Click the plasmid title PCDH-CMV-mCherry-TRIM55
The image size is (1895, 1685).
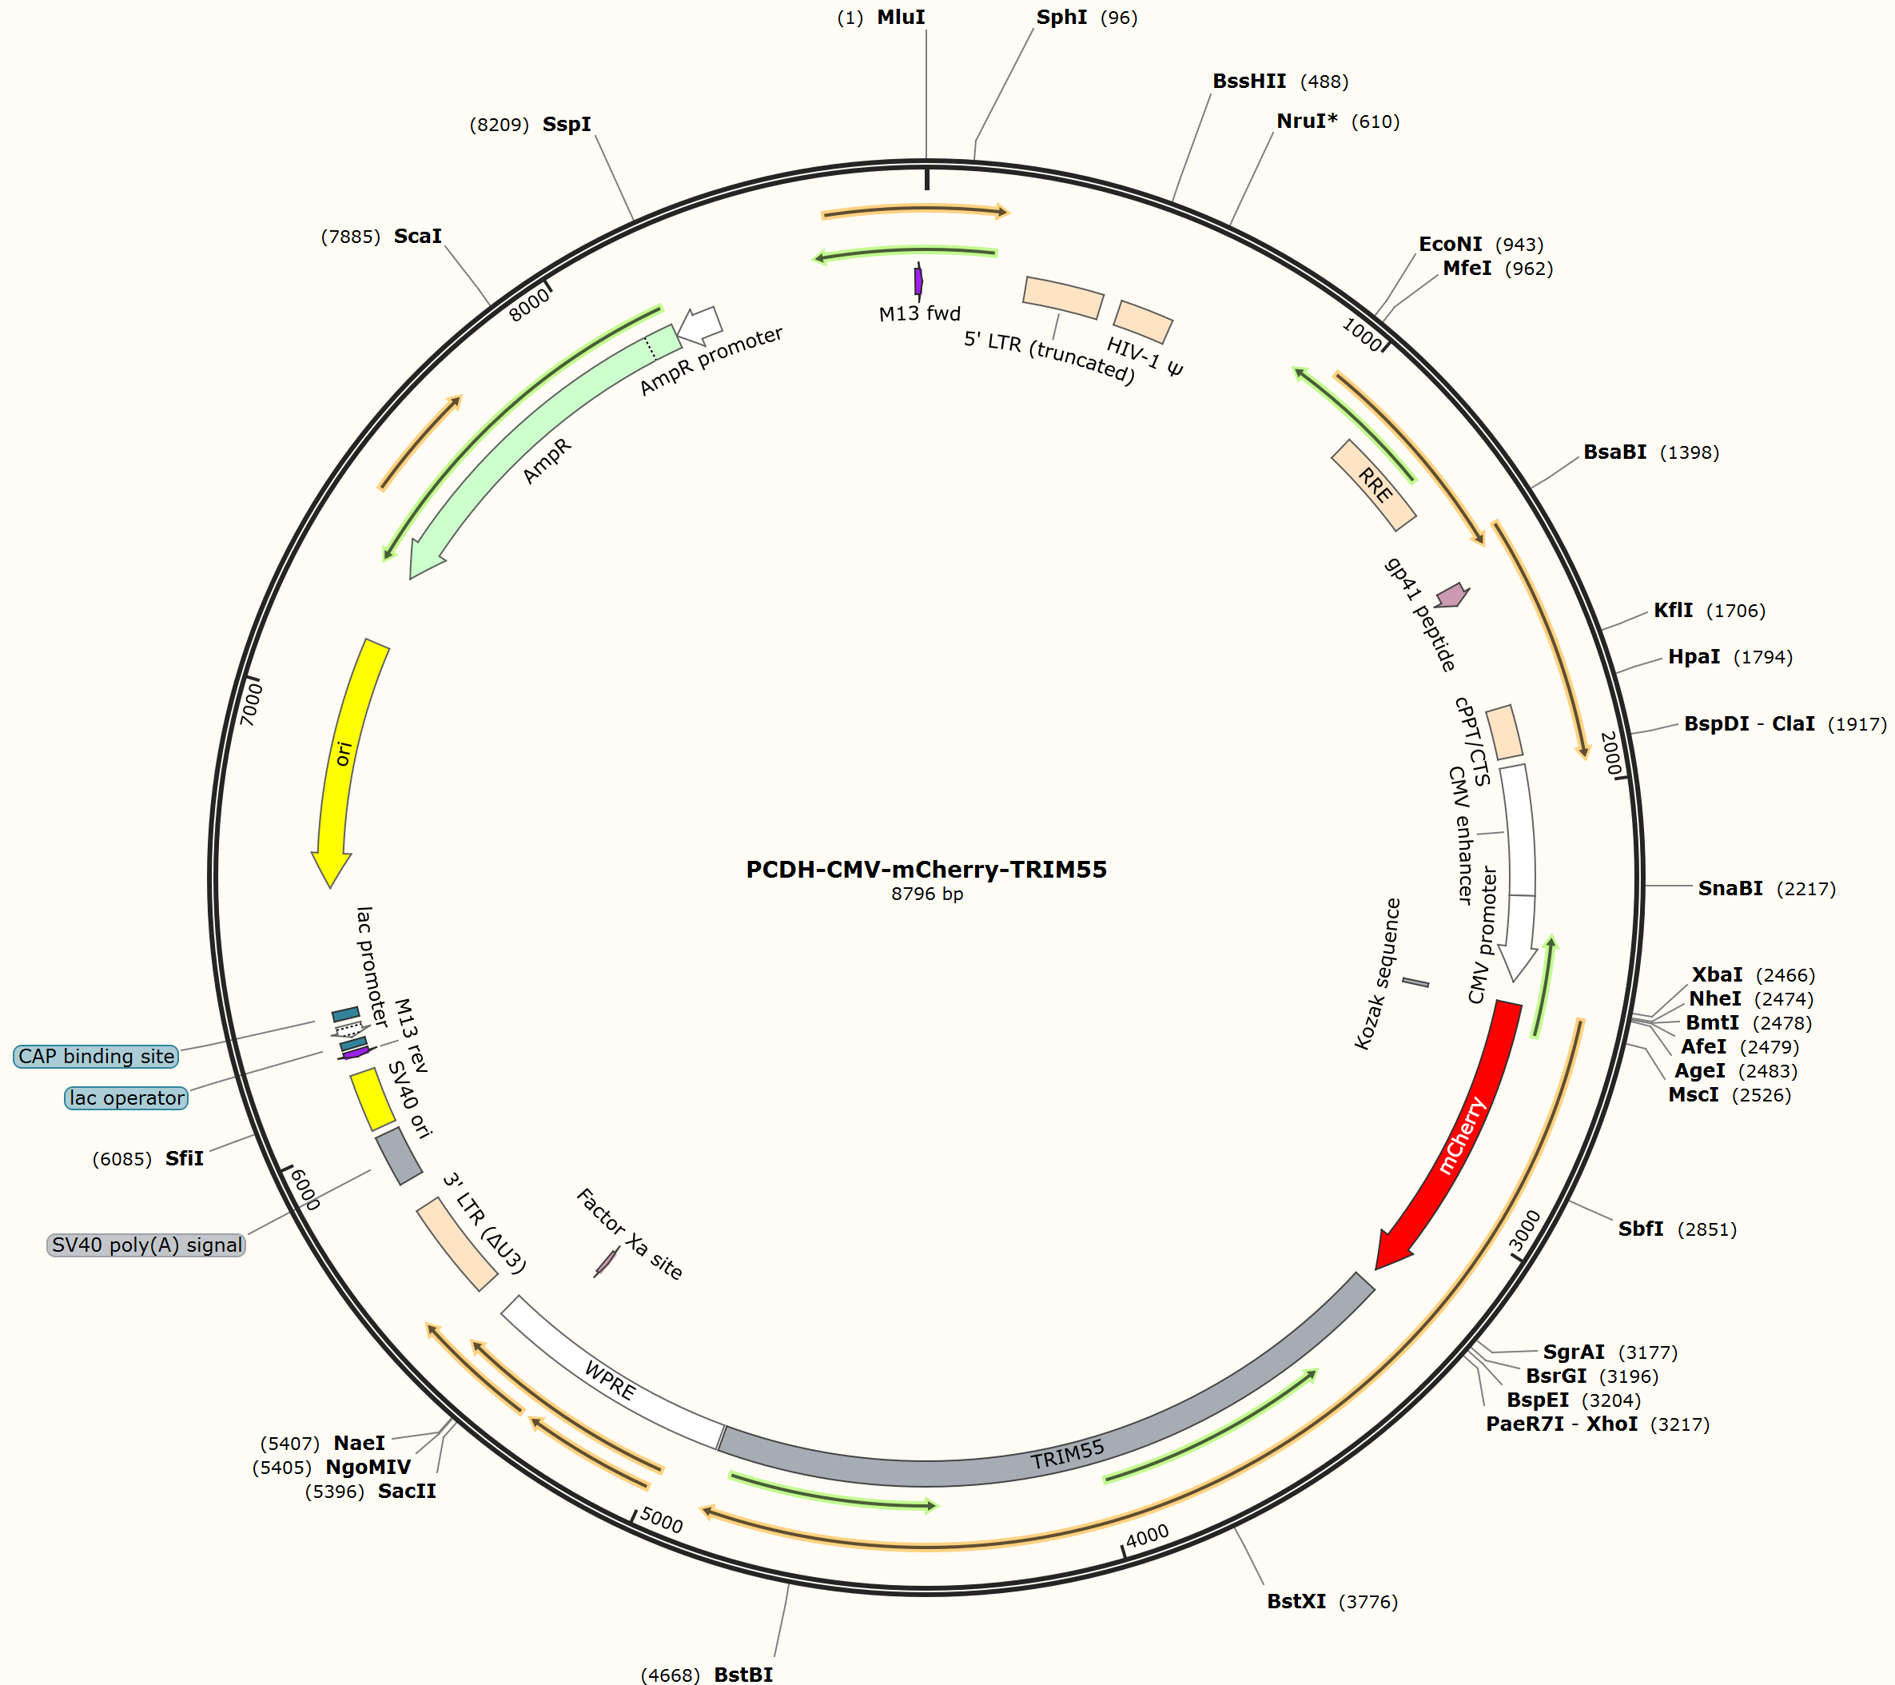[x=926, y=869]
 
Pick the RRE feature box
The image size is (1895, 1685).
[x=1374, y=485]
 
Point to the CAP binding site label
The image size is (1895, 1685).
[x=97, y=1056]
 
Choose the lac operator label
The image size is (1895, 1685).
[x=127, y=1098]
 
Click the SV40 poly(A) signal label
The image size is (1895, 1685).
[x=146, y=1245]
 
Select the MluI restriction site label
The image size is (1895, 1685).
[x=902, y=17]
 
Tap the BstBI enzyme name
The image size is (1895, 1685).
[x=743, y=1674]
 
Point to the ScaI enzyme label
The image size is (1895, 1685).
[x=418, y=236]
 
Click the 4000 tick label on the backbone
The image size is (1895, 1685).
[x=1147, y=1536]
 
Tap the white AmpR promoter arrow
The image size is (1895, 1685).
[x=700, y=325]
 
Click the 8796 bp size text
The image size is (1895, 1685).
[x=927, y=894]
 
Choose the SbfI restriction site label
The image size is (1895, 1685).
[x=1641, y=1229]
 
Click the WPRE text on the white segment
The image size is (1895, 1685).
[x=610, y=1380]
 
